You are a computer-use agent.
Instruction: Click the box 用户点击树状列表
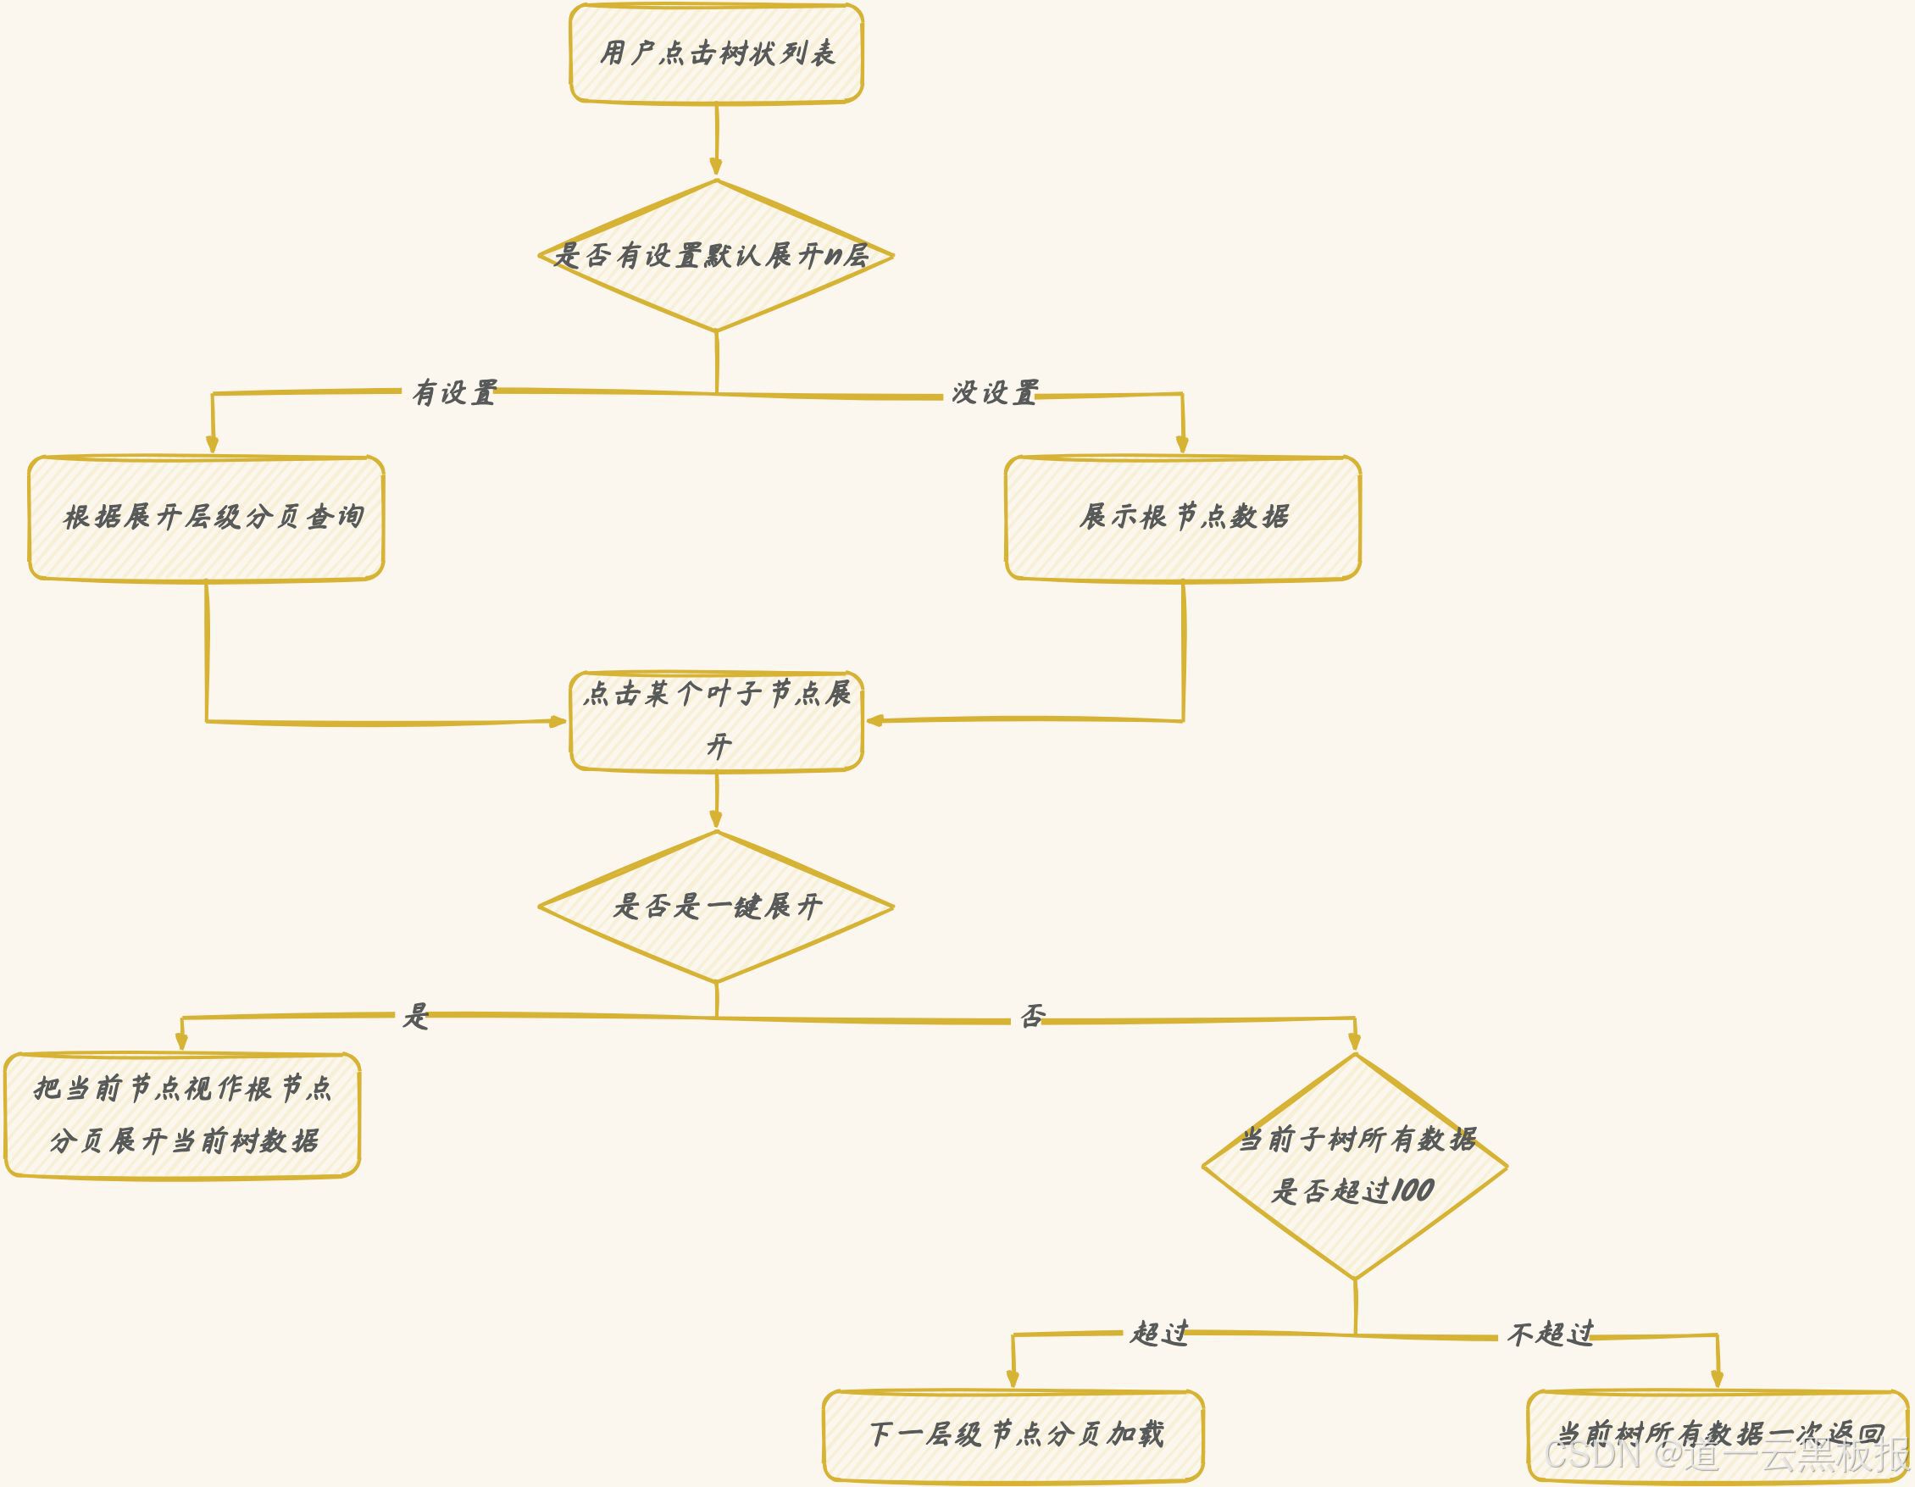[716, 53]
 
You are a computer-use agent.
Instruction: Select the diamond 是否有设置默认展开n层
[716, 256]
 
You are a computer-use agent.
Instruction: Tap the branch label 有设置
[454, 393]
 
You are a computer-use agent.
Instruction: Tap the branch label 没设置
[995, 393]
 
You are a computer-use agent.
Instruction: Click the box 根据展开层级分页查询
[206, 518]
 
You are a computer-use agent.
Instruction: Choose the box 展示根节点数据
[1183, 518]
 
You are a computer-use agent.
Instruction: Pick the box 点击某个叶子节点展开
[716, 721]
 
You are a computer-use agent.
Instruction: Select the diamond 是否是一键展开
[716, 907]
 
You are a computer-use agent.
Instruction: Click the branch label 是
[414, 1016]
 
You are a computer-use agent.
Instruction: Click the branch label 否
[1033, 1016]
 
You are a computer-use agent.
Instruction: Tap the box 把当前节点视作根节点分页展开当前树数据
[182, 1115]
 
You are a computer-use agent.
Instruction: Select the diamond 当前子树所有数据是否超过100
[1355, 1166]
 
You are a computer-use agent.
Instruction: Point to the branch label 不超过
[1549, 1334]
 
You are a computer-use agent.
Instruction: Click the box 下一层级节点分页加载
[1013, 1435]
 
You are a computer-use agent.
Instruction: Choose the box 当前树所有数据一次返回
[1717, 1435]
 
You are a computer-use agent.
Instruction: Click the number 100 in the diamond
[1412, 1190]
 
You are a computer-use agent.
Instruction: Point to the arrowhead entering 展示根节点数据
[1182, 446]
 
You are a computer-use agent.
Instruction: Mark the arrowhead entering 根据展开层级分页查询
[212, 446]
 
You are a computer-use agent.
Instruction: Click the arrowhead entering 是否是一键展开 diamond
[716, 821]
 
